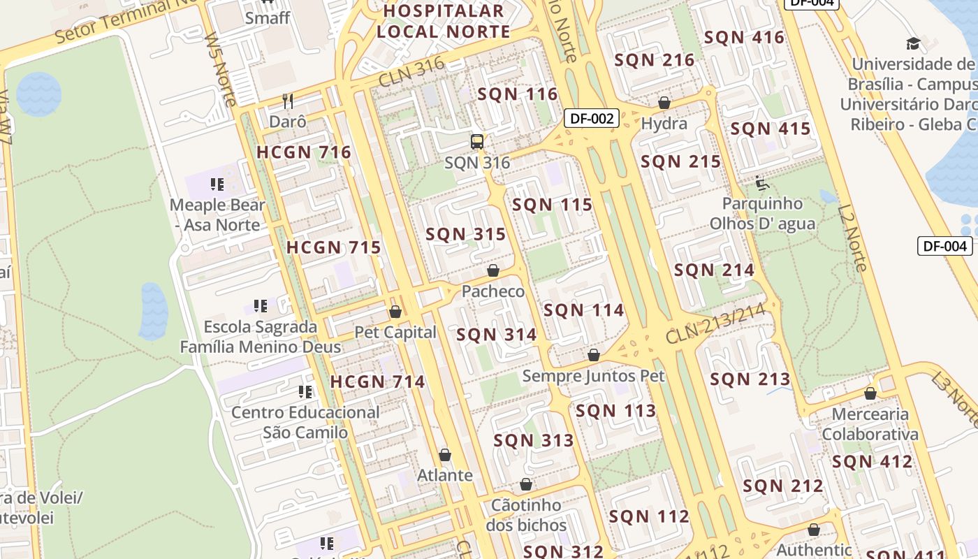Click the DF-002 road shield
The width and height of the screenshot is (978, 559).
[592, 118]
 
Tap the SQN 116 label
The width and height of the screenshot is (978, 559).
[517, 94]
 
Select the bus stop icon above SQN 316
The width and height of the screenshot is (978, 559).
[477, 142]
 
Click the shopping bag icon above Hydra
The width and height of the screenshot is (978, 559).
[664, 103]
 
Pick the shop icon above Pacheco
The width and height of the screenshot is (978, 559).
[493, 270]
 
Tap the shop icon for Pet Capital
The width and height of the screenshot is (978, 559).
[395, 312]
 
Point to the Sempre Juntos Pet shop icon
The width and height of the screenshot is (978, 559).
[594, 355]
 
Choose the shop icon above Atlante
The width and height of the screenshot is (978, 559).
[445, 455]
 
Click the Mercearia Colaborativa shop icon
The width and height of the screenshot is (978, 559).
[870, 393]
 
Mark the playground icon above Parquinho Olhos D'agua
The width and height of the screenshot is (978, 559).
[762, 183]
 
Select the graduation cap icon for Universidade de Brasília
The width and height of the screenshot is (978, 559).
[913, 44]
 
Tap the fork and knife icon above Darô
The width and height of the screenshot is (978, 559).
[288, 101]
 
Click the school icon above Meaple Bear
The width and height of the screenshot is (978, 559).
[217, 184]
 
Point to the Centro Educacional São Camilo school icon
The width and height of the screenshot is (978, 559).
[305, 392]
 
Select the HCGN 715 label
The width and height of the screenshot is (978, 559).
[334, 247]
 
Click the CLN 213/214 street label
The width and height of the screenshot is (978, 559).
[722, 323]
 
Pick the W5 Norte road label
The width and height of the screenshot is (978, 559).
[220, 70]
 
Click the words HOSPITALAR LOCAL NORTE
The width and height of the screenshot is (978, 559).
[443, 22]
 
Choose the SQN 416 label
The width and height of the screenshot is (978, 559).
[744, 38]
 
